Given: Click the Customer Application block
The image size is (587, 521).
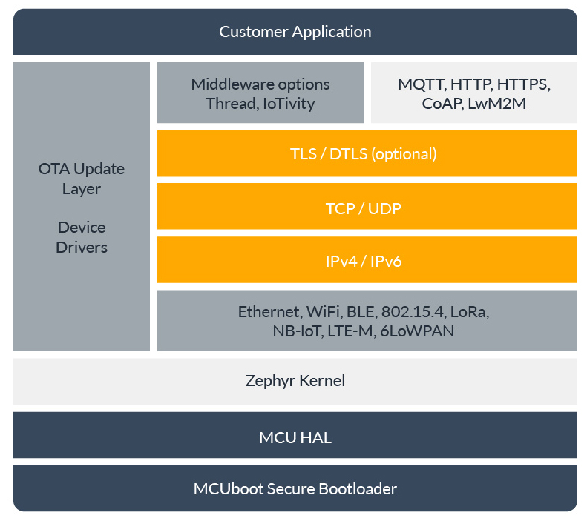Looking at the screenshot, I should pyautogui.click(x=295, y=32).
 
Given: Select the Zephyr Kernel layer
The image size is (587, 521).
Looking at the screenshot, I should pyautogui.click(x=295, y=381).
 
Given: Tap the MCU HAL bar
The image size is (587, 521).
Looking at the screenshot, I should pyautogui.click(x=295, y=437).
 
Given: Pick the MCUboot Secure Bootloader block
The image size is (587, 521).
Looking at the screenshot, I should pyautogui.click(x=295, y=489).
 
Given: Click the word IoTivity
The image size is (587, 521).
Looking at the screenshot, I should pyautogui.click(x=289, y=104).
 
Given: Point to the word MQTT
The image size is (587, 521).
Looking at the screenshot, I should pyautogui.click(x=420, y=84).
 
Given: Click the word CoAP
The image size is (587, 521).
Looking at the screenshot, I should pyautogui.click(x=443, y=104).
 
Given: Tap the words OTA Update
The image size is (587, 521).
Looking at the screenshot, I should pyautogui.click(x=82, y=169).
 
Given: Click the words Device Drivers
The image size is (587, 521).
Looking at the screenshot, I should pyautogui.click(x=82, y=237).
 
